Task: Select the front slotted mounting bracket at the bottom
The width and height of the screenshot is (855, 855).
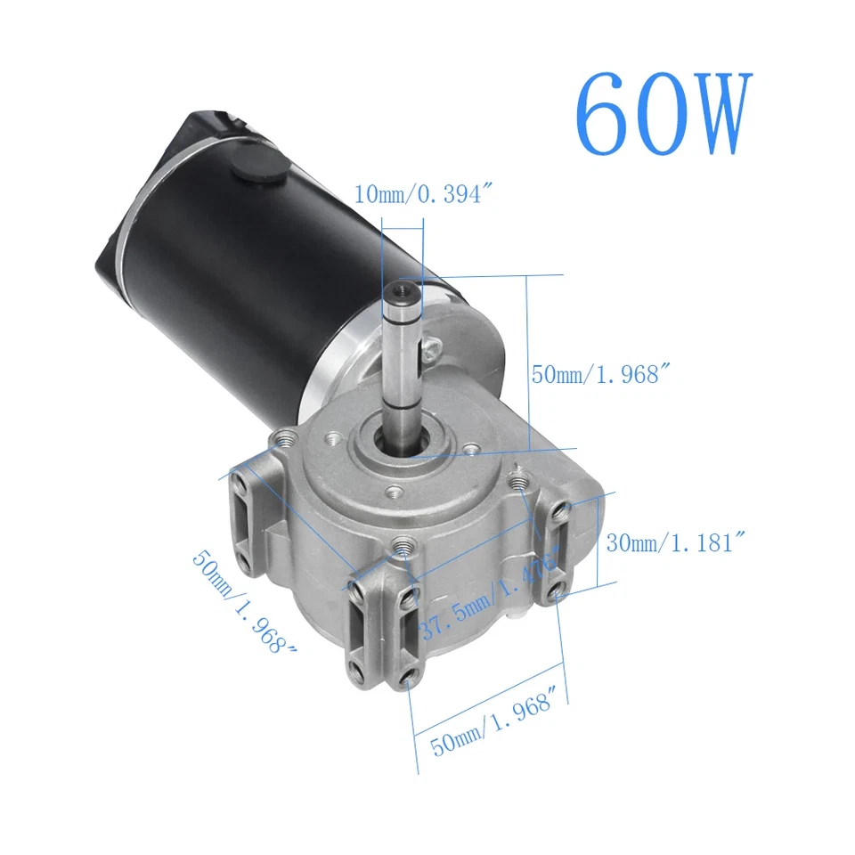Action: pyautogui.click(x=380, y=633)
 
